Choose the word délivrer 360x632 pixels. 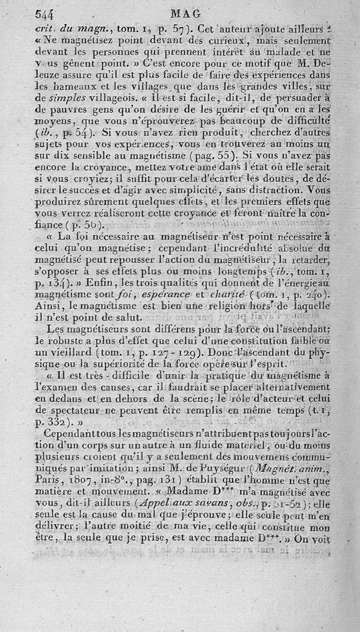pyautogui.click(x=54, y=528)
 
